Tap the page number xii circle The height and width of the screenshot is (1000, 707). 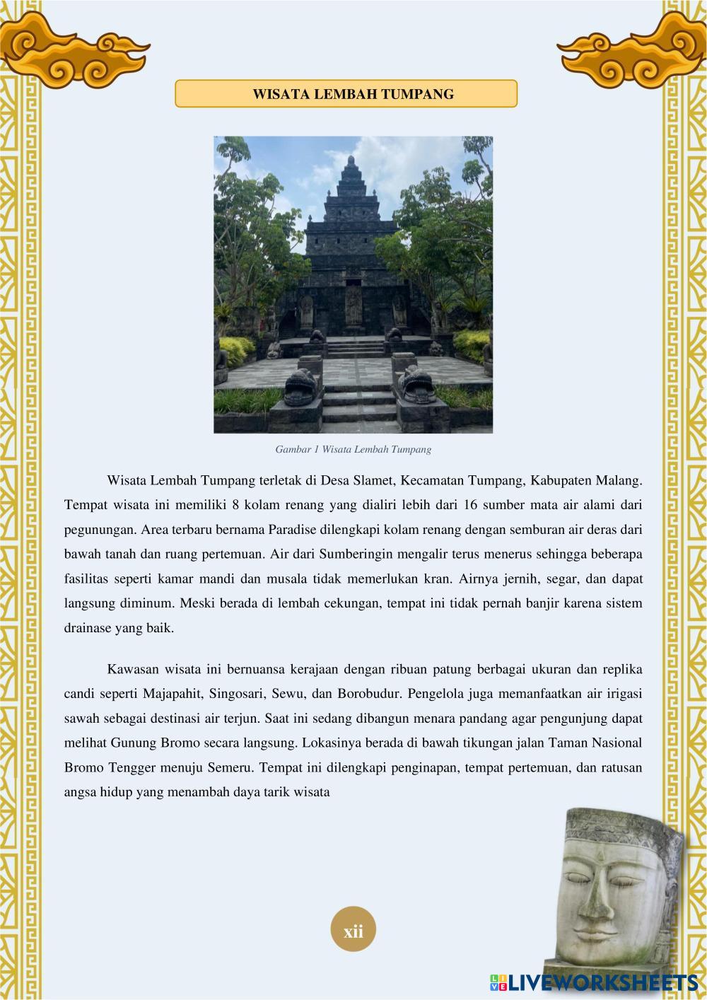coord(353,931)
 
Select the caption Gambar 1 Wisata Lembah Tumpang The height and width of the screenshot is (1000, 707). coord(353,449)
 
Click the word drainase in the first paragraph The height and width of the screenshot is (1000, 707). coord(89,628)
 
